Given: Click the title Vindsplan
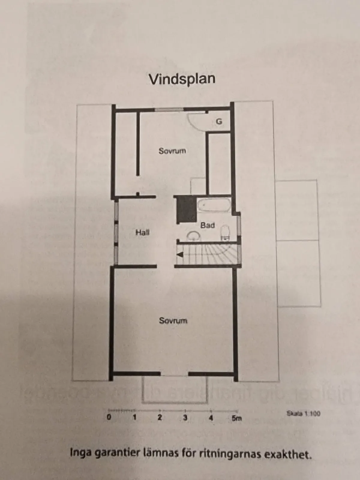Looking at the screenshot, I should click(182, 79).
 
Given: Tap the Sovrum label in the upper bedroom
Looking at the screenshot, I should click(172, 151).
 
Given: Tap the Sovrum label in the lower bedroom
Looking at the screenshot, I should click(173, 321).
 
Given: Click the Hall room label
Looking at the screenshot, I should click(142, 232).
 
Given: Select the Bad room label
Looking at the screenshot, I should click(208, 225).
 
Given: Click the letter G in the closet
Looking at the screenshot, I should click(219, 121).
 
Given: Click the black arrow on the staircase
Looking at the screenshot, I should click(180, 255).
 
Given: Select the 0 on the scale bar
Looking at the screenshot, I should click(109, 417).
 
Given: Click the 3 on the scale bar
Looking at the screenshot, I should click(185, 417).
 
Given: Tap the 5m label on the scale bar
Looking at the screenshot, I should click(236, 418).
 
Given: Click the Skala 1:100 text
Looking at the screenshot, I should click(303, 413).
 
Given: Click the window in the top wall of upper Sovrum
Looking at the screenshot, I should click(169, 110).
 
